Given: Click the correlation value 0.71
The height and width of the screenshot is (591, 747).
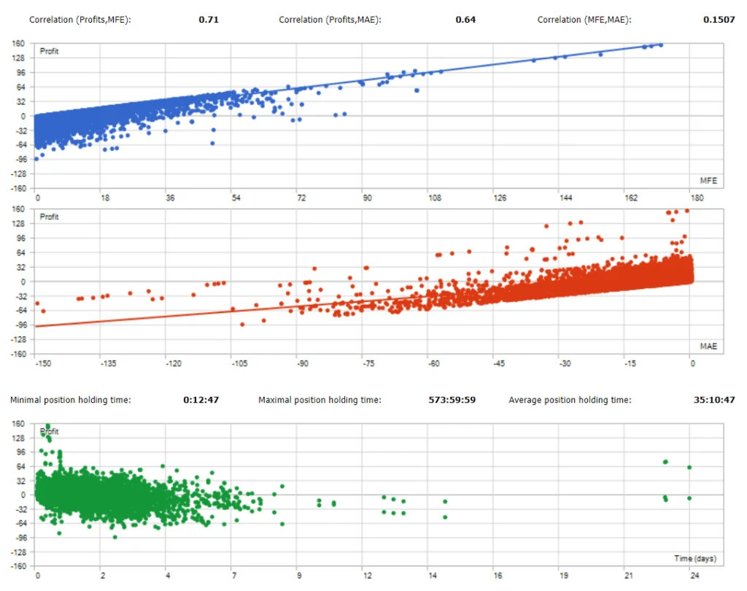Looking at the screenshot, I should (x=209, y=20).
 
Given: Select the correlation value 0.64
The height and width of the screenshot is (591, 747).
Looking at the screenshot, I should (x=465, y=20).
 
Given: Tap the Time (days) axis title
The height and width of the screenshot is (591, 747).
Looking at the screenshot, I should (x=694, y=559).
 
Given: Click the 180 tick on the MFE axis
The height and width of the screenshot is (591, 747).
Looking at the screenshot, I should (x=697, y=198).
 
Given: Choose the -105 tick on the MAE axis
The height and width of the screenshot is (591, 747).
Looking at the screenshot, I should (x=238, y=363).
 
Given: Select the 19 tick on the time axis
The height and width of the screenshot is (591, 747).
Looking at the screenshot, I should (x=562, y=575).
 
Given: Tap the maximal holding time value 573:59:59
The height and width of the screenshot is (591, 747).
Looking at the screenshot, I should (x=452, y=400).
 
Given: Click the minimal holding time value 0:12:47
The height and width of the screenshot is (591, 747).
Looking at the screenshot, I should (x=201, y=400).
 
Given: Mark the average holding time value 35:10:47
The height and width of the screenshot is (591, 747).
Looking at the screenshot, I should (x=713, y=400).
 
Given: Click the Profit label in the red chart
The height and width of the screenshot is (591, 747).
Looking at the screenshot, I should (x=50, y=217).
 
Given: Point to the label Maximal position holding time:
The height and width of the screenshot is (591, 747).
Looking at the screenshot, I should (x=320, y=400).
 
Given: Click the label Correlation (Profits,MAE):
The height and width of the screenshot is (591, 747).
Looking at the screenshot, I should (x=330, y=20).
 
